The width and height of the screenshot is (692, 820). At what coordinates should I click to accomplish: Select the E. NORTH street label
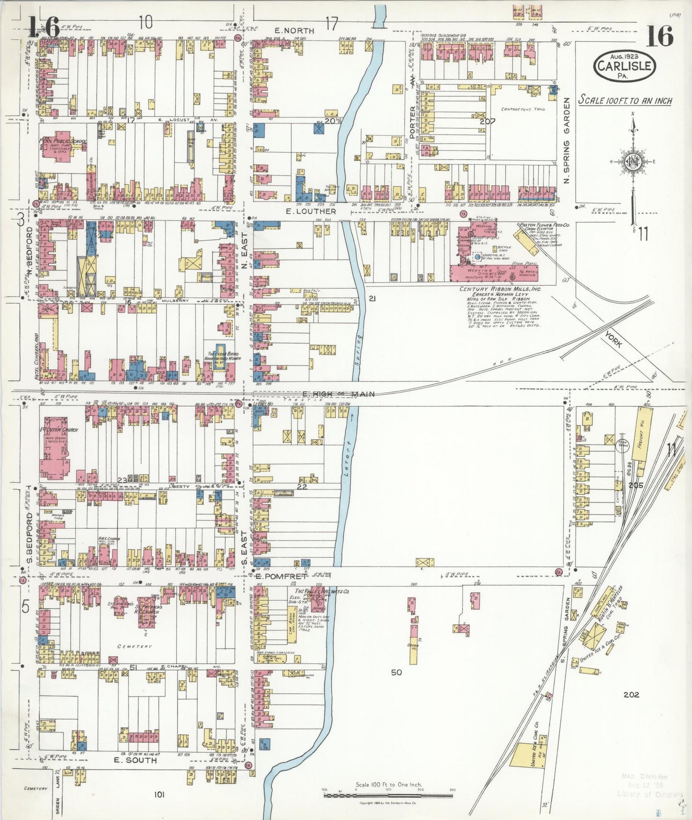click(292, 31)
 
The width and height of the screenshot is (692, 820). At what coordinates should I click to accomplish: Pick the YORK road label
click(613, 338)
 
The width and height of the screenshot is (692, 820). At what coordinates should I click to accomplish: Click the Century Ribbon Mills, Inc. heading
click(500, 289)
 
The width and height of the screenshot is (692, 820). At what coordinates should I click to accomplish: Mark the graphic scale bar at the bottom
click(388, 795)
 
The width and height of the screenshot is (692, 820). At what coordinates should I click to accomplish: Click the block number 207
click(488, 121)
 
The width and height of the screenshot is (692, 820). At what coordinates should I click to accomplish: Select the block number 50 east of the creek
click(396, 673)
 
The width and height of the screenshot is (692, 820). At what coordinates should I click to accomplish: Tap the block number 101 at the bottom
click(159, 795)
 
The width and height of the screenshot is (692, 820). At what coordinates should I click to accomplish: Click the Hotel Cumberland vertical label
click(36, 356)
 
